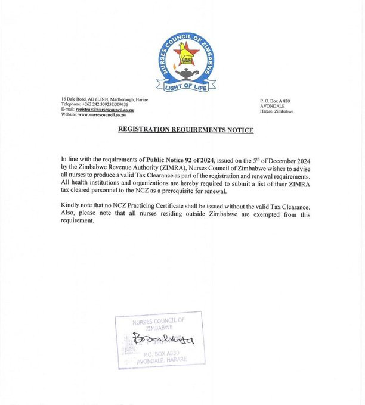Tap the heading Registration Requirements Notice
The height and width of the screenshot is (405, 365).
(x=186, y=130)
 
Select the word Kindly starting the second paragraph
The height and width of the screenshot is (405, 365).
(x=71, y=206)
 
